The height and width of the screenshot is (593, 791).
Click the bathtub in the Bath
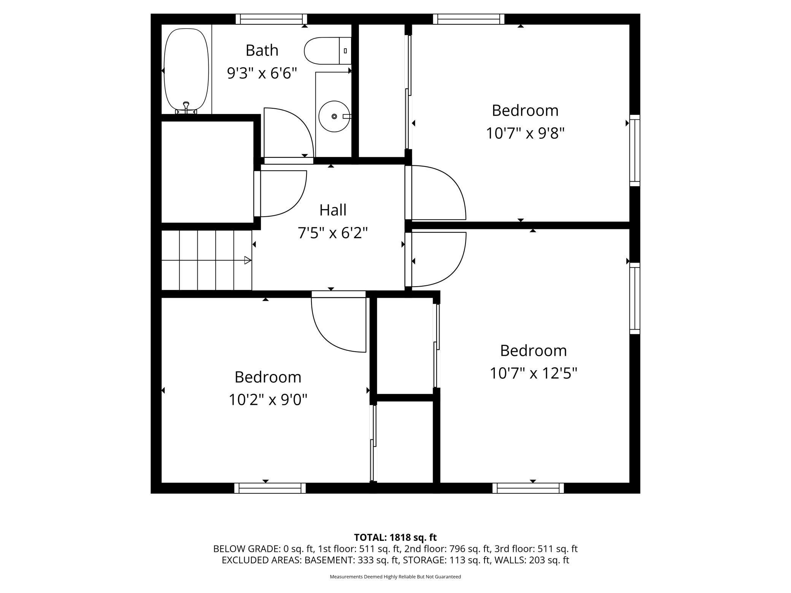[x=186, y=68]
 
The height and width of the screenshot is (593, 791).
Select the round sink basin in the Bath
[x=334, y=116]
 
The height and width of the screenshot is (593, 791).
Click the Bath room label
[x=262, y=50]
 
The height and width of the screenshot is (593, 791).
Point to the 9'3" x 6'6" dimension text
[x=262, y=73]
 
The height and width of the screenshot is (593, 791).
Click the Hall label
[x=333, y=210]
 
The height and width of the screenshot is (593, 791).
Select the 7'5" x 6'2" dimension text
[x=333, y=233]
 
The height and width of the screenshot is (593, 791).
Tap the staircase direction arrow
[x=248, y=260]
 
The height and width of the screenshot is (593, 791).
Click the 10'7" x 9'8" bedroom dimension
[x=525, y=133]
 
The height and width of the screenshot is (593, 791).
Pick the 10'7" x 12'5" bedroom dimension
[x=533, y=373]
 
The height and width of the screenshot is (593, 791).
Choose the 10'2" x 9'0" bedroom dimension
[x=268, y=400]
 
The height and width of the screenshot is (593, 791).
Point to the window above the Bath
[x=271, y=19]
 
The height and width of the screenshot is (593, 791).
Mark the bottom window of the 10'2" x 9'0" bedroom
[x=270, y=488]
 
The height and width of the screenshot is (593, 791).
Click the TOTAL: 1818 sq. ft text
[x=395, y=538]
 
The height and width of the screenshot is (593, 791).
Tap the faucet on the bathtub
[x=186, y=106]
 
